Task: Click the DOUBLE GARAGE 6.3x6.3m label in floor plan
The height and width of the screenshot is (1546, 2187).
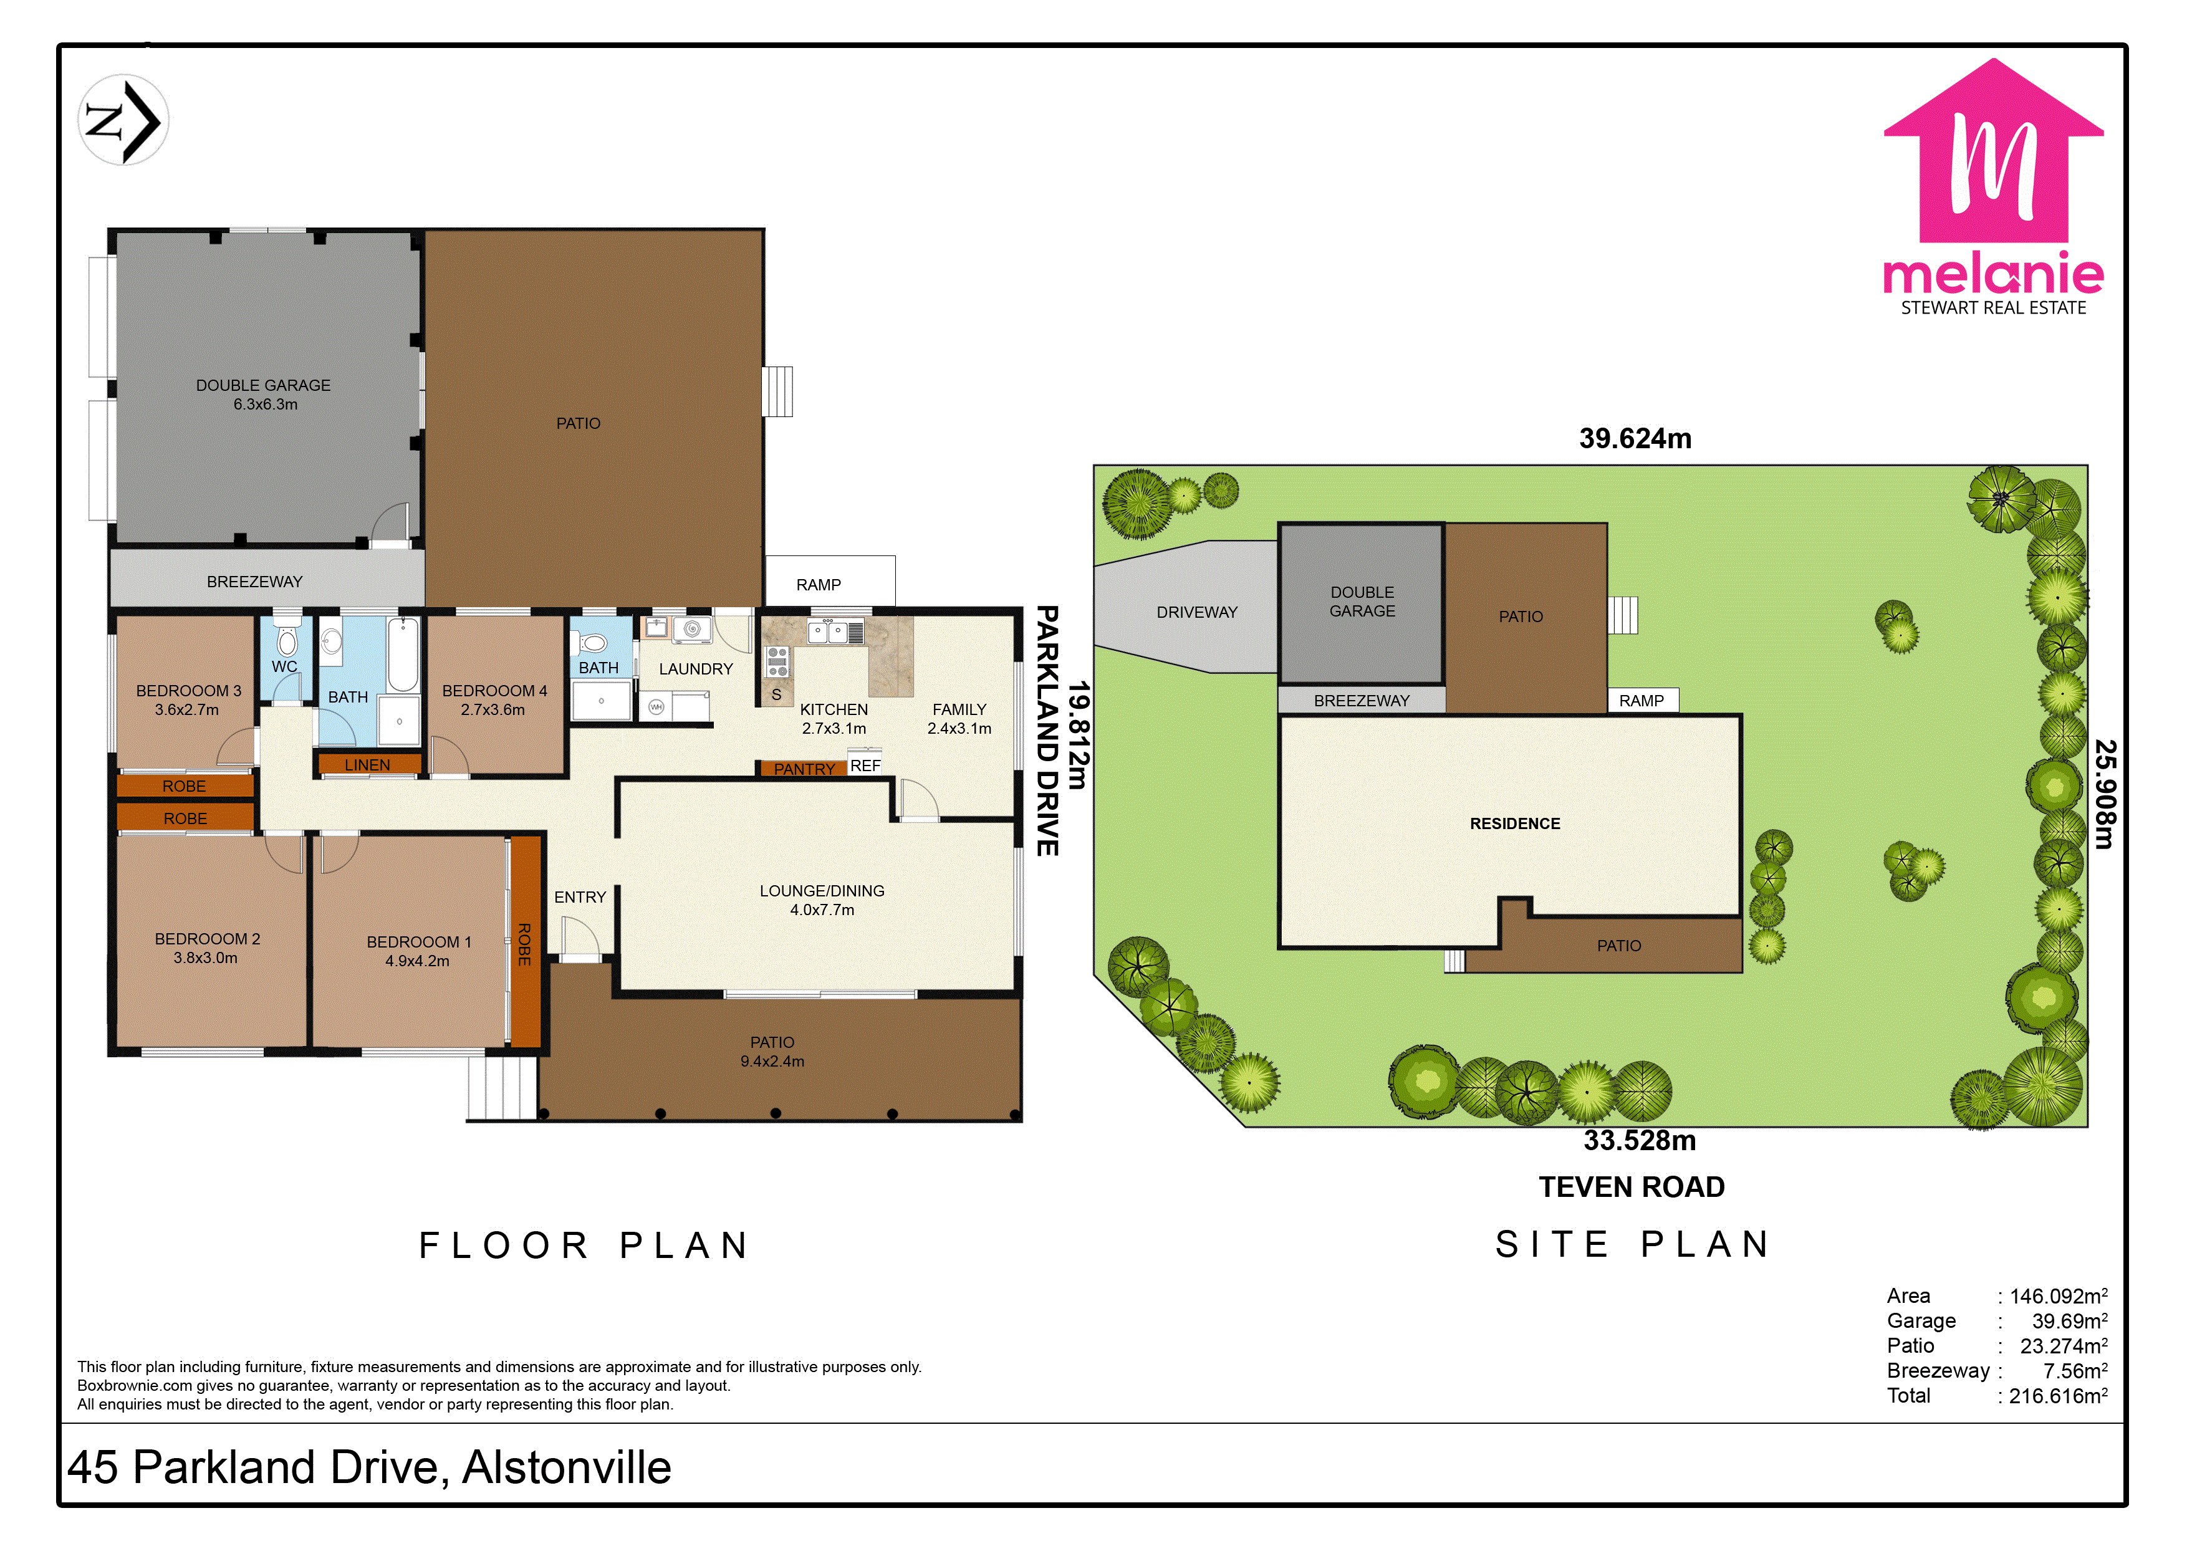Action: [x=264, y=395]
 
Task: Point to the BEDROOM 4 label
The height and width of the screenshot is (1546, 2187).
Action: [x=494, y=700]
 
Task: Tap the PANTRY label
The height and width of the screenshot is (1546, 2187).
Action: [x=804, y=769]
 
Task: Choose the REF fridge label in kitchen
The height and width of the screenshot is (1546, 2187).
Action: [x=865, y=766]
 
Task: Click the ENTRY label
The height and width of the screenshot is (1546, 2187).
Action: [x=579, y=897]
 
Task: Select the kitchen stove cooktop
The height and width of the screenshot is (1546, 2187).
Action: [x=777, y=661]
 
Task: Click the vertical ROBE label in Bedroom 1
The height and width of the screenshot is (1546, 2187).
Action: [x=524, y=944]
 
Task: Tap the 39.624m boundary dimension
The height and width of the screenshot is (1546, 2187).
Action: [x=1635, y=438]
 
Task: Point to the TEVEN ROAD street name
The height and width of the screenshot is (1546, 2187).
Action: [x=1632, y=1187]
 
